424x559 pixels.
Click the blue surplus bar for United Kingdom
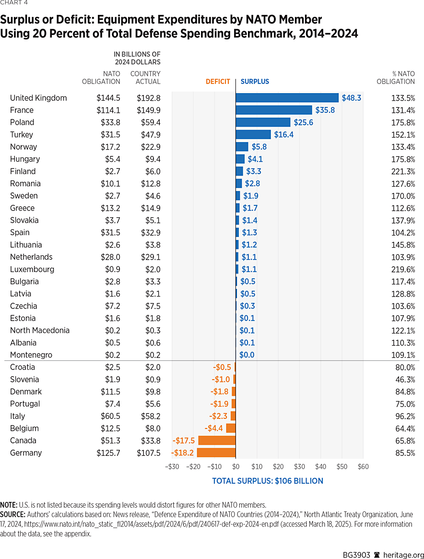click(x=287, y=98)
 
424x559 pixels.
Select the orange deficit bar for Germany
click(x=216, y=453)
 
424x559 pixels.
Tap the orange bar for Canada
click(x=217, y=440)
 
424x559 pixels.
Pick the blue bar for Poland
click(x=263, y=122)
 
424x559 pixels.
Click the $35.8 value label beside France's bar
click(x=325, y=110)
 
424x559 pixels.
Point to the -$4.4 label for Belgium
click(x=214, y=428)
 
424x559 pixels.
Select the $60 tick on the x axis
click(x=363, y=466)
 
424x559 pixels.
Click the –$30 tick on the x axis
click(x=172, y=466)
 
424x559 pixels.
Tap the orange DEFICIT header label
click(x=218, y=82)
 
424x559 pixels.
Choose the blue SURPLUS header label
click(x=255, y=82)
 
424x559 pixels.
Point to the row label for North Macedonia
click(x=40, y=330)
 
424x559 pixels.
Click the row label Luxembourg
click(x=32, y=269)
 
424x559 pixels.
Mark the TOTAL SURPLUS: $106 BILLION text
click(x=268, y=481)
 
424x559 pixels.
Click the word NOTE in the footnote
click(x=9, y=505)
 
